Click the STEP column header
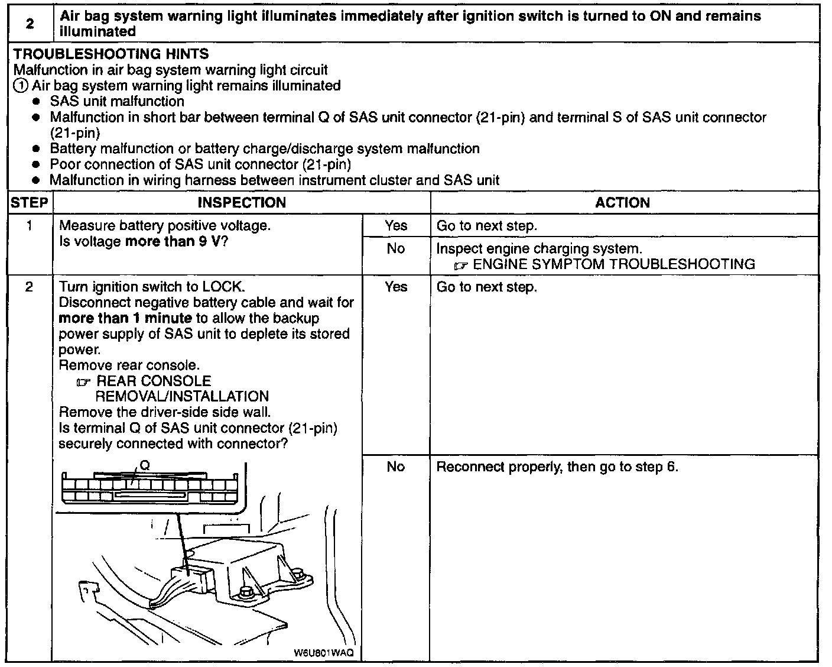29,202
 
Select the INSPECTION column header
241,202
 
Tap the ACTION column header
622,202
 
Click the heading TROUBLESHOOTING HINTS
111,54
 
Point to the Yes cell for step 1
395,225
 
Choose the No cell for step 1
395,249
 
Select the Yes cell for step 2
395,287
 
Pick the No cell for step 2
395,467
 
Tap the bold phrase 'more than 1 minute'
125,318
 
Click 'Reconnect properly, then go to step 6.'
557,467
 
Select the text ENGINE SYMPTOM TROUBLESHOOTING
614,264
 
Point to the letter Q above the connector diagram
145,466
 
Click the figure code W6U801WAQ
323,653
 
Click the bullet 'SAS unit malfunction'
117,102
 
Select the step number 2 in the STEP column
29,287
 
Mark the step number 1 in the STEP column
29,225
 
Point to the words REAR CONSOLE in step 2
154,381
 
